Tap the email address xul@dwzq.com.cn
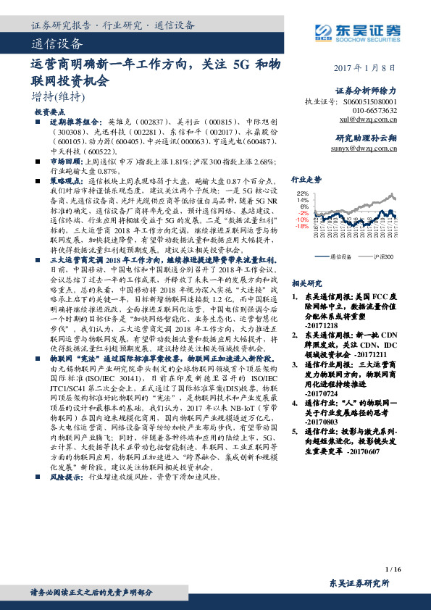[x=368, y=119]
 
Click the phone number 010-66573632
[x=372, y=110]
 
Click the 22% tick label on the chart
[x=303, y=193]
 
